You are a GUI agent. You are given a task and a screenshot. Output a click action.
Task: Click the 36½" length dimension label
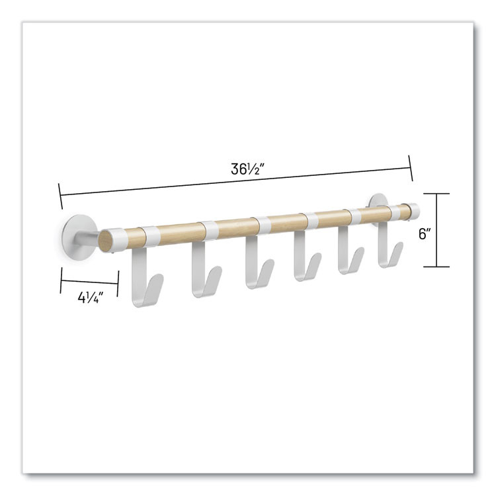(x=248, y=169)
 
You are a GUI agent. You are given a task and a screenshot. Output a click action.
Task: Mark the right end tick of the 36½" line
(x=411, y=168)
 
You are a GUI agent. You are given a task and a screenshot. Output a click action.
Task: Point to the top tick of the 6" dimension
(x=436, y=194)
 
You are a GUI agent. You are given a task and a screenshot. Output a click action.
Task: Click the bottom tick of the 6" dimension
(x=436, y=267)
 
